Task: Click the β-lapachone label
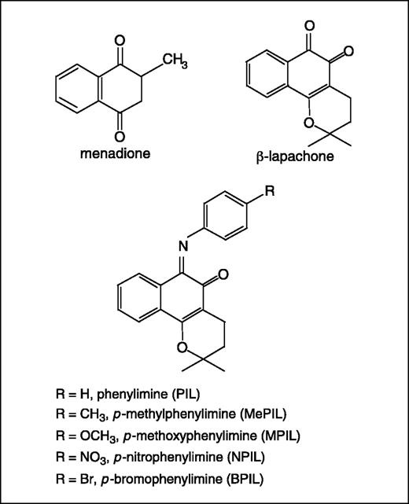coord(297,156)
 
